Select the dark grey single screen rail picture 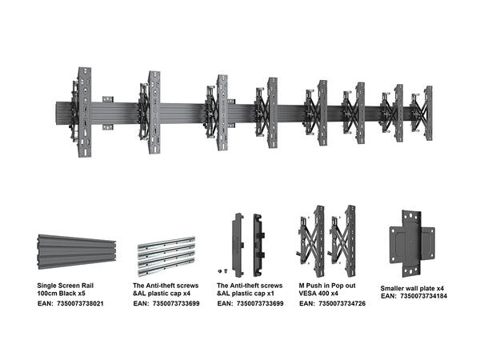[77, 252]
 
